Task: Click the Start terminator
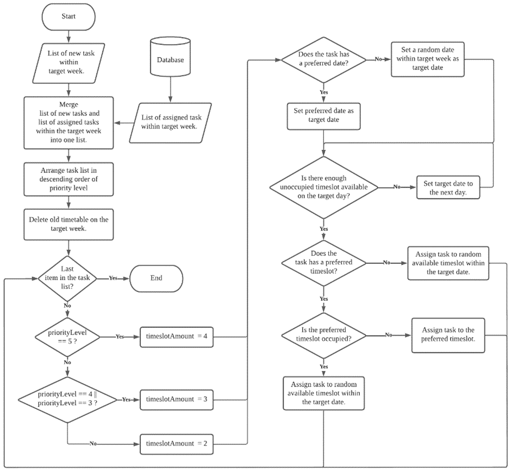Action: click(x=68, y=16)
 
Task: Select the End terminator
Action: click(x=156, y=277)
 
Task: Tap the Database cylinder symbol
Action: click(x=171, y=58)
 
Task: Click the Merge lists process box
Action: click(x=68, y=122)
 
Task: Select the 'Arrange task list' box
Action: click(x=68, y=179)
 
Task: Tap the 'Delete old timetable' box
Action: click(x=68, y=224)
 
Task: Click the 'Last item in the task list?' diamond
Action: click(x=67, y=277)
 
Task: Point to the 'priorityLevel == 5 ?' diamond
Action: click(x=67, y=336)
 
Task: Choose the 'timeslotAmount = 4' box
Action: click(x=177, y=336)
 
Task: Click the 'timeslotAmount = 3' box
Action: click(x=177, y=399)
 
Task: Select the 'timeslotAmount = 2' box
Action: click(x=177, y=443)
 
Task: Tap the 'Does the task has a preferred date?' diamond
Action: click(x=323, y=60)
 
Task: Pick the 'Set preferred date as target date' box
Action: click(x=323, y=115)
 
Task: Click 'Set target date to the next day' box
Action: click(x=448, y=187)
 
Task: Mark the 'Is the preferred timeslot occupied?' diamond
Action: click(x=323, y=334)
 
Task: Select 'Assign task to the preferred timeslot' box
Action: click(x=448, y=334)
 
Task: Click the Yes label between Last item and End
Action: click(x=113, y=277)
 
